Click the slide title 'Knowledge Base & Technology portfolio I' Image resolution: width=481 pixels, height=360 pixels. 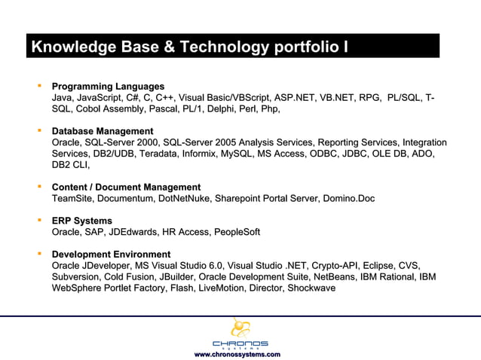point(189,47)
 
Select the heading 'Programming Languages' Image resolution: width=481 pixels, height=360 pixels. point(108,87)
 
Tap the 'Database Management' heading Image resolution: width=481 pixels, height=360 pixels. point(102,131)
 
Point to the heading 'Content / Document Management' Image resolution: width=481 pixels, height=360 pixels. point(126,187)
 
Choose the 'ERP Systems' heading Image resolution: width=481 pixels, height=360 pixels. point(81,221)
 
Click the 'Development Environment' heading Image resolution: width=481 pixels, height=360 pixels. point(111,254)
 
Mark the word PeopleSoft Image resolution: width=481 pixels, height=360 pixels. point(234,232)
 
